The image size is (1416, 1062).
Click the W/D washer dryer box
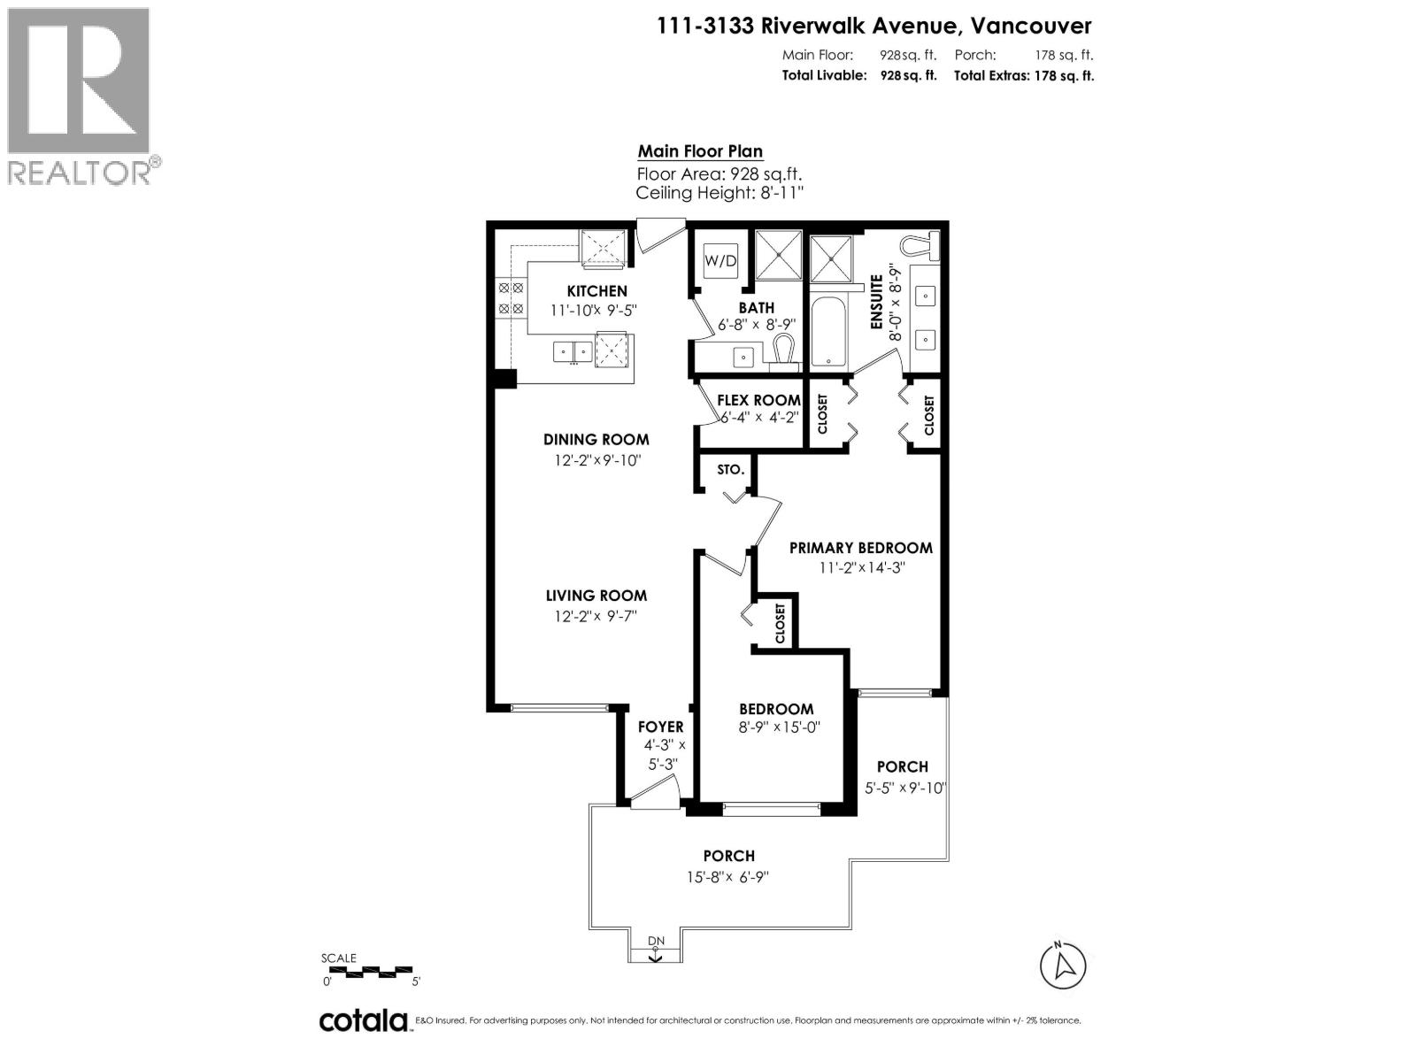[x=720, y=261]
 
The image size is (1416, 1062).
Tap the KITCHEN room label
[x=596, y=291]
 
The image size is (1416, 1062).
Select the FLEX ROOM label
[x=758, y=400]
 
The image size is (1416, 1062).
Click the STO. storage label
[x=730, y=470]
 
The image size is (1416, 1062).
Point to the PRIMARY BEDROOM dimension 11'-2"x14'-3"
[x=861, y=568]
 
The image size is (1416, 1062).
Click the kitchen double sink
[x=573, y=352]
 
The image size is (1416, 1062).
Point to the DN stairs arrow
[x=655, y=949]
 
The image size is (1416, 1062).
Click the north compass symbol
[x=1063, y=966]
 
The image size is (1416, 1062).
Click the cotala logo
[x=363, y=1020]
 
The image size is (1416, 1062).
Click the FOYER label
[x=660, y=727]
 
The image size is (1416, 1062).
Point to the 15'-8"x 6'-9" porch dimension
[x=728, y=877]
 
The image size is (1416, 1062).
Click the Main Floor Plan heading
[x=700, y=151]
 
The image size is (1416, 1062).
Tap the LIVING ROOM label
[x=596, y=596]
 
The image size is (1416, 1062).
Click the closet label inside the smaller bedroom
[x=780, y=623]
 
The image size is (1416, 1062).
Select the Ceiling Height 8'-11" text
[x=719, y=193]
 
